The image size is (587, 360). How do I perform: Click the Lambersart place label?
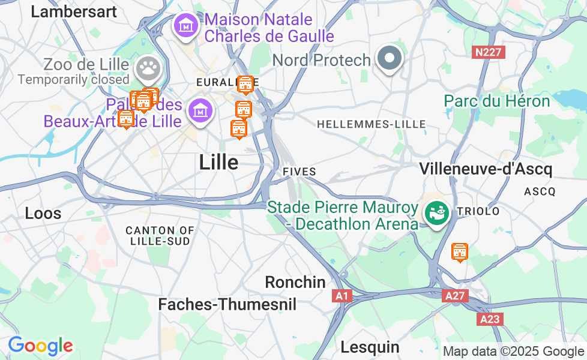(x=74, y=11)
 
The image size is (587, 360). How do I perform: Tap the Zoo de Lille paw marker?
(x=146, y=68)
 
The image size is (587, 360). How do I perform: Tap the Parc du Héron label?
(x=497, y=101)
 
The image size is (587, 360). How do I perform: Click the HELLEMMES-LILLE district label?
(x=371, y=124)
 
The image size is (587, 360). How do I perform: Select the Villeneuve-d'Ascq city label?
(x=486, y=169)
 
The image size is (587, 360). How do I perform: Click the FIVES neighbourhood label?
(x=299, y=172)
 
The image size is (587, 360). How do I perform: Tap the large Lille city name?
(x=218, y=162)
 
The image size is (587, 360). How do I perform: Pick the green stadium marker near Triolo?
(x=436, y=212)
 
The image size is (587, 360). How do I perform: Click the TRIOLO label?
(x=478, y=211)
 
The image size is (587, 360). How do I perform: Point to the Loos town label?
(x=43, y=213)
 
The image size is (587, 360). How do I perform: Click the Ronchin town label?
(x=295, y=282)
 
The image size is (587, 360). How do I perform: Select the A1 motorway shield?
(x=342, y=296)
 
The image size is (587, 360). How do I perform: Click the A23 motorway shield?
(x=490, y=319)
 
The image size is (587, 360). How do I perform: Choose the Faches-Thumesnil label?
(x=227, y=305)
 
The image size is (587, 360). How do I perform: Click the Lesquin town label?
(x=370, y=347)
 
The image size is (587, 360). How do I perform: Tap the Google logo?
(x=40, y=346)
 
